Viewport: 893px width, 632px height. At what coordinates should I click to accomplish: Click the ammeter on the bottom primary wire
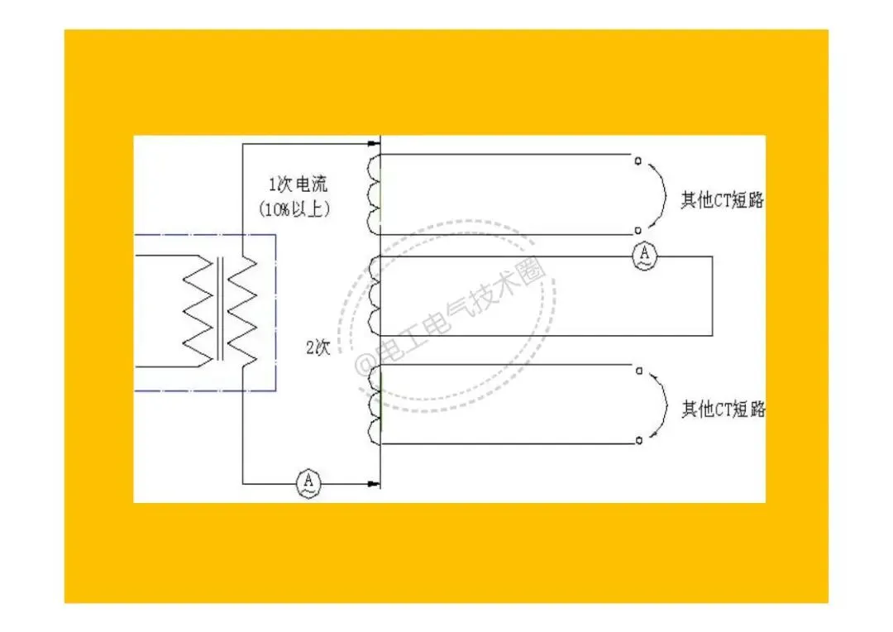308,481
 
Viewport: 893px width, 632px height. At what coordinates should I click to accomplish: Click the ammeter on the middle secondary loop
644,256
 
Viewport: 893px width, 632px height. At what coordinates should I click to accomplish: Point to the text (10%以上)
296,209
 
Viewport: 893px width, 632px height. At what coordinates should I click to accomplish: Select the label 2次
318,347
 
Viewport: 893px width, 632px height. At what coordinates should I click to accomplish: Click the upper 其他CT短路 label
722,200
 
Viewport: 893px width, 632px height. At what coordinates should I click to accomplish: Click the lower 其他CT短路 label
723,409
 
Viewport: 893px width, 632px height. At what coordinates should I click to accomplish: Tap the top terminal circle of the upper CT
638,160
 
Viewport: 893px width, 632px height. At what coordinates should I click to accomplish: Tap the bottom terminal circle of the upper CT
638,230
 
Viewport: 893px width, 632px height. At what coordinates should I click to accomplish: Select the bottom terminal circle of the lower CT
638,442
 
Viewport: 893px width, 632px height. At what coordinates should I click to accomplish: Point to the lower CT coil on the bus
374,403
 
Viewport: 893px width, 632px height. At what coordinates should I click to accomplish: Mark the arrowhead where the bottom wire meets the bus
372,481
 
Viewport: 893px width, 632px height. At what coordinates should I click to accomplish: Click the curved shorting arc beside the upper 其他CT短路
665,195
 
